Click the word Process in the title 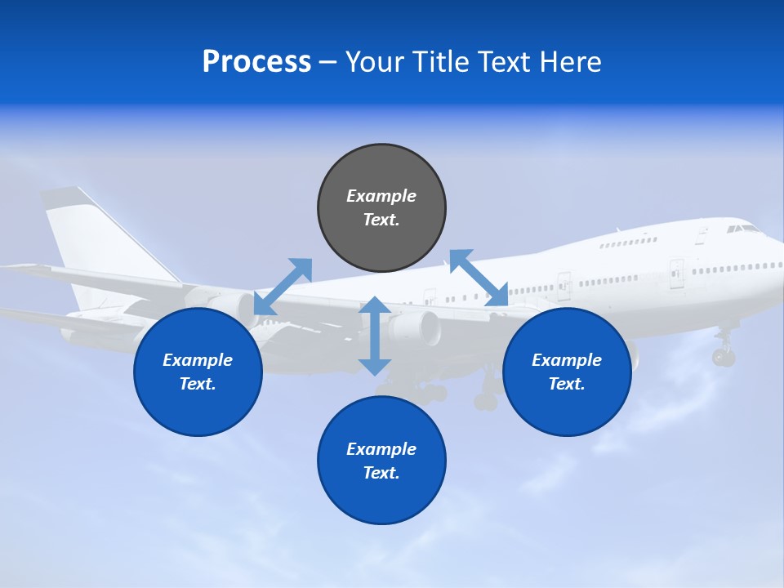(x=256, y=62)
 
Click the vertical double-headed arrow (x=375, y=336)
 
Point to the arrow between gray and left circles (x=283, y=286)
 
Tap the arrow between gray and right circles (x=479, y=278)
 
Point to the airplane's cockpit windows (x=742, y=229)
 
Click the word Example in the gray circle (x=381, y=196)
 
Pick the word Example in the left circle (x=198, y=360)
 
